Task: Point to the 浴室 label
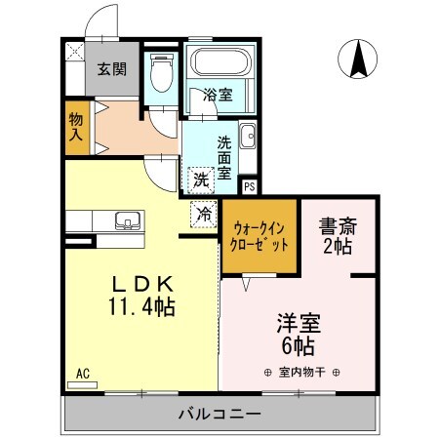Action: click(x=217, y=95)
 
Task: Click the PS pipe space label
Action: click(x=249, y=185)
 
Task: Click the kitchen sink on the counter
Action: click(x=126, y=219)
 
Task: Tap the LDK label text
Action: click(x=141, y=284)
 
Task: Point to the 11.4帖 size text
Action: click(x=141, y=307)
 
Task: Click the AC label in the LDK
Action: click(x=82, y=373)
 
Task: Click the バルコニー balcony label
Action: click(x=219, y=414)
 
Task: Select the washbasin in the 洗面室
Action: click(x=247, y=136)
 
